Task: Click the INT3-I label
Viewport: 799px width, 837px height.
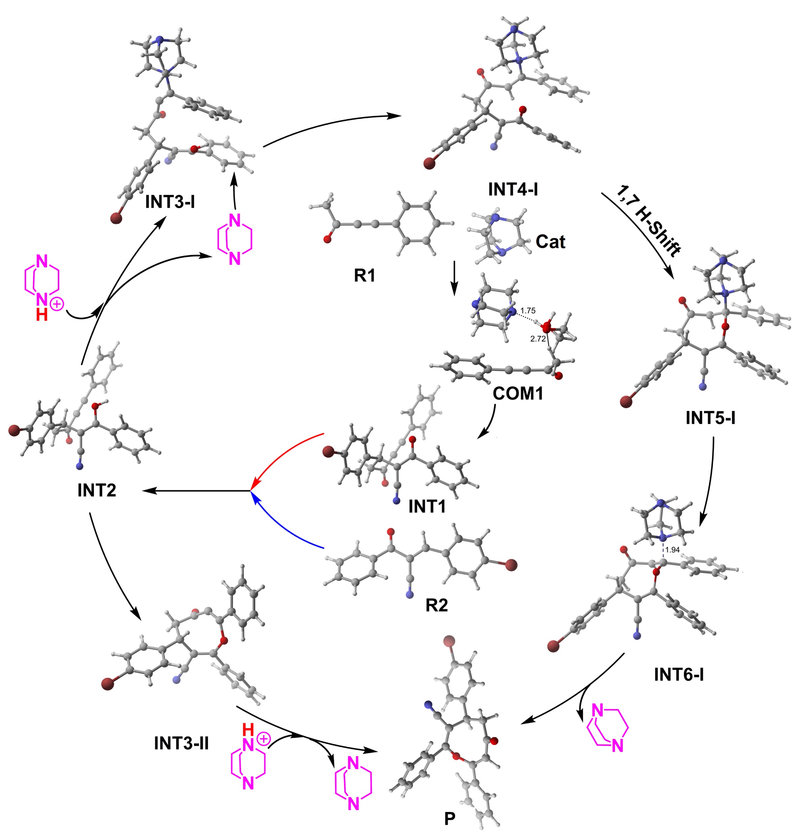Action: pyautogui.click(x=170, y=202)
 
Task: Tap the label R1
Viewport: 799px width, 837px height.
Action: pyautogui.click(x=365, y=276)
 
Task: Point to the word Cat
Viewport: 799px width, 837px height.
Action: pyautogui.click(x=550, y=242)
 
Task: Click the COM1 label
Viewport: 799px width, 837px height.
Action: pyautogui.click(x=518, y=394)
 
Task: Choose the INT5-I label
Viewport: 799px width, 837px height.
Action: pyautogui.click(x=710, y=418)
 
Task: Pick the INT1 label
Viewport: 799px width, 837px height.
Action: pyautogui.click(x=427, y=506)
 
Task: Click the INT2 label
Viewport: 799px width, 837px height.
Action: pyautogui.click(x=97, y=490)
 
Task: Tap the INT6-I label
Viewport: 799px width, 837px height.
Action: pyautogui.click(x=679, y=675)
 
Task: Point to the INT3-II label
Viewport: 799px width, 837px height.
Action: pyautogui.click(x=181, y=744)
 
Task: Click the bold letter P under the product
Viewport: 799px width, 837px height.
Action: pyautogui.click(x=450, y=819)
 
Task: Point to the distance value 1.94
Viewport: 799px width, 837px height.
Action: pyautogui.click(x=672, y=550)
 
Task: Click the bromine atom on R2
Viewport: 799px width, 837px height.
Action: pyautogui.click(x=510, y=565)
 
